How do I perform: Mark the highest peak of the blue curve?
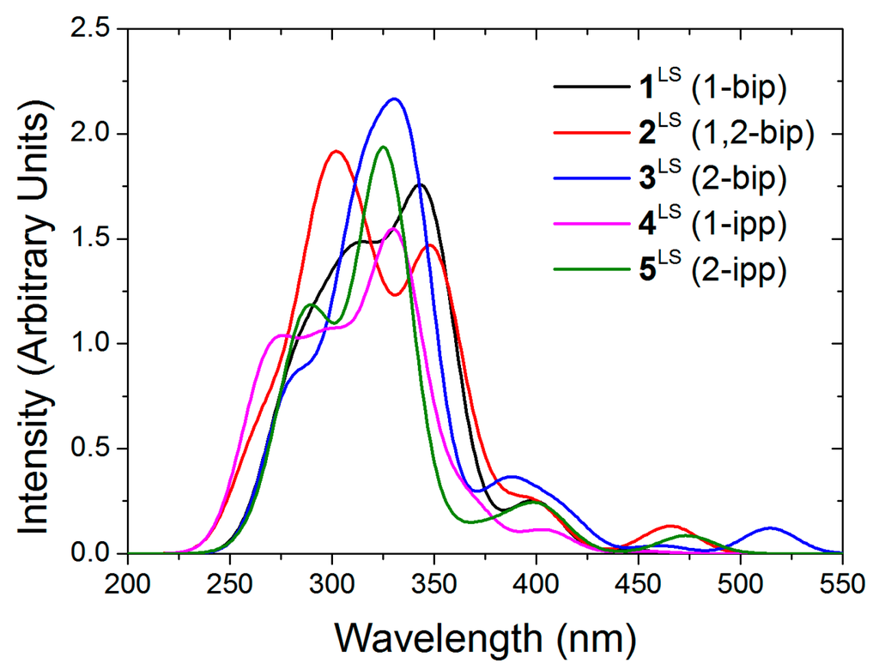(395, 99)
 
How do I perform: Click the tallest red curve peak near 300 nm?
(336, 151)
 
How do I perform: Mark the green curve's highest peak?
(383, 147)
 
